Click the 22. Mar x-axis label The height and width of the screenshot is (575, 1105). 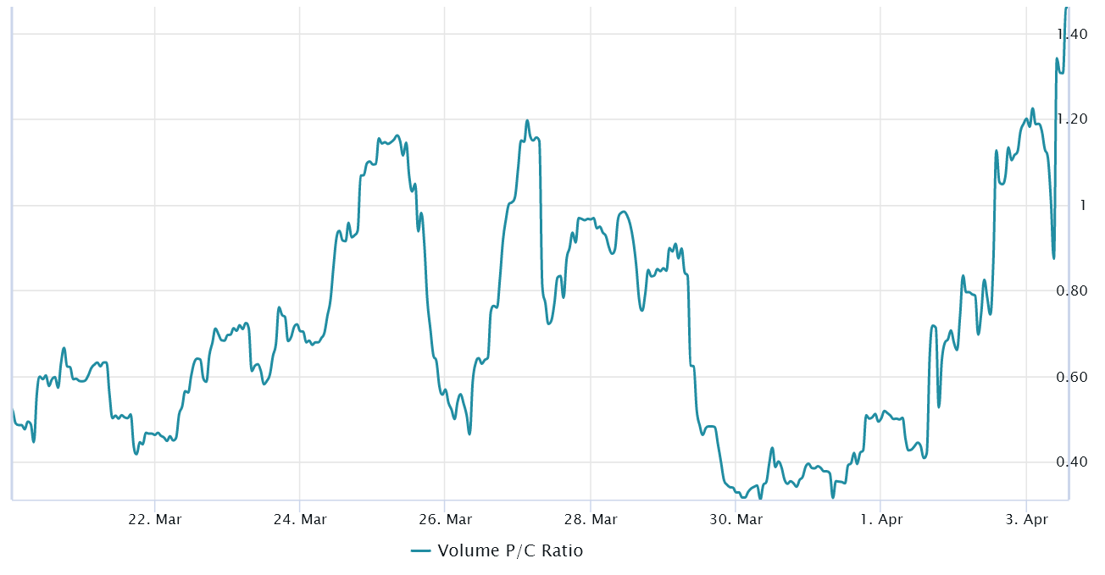[x=155, y=518]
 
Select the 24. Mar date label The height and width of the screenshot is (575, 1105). [x=301, y=518]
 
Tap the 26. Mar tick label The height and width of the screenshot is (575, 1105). [x=446, y=518]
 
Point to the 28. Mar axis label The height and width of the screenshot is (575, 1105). [x=591, y=518]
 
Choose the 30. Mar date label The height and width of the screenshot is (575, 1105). [x=736, y=518]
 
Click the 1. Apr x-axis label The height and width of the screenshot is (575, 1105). [x=880, y=518]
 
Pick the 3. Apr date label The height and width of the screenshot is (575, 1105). [x=1025, y=518]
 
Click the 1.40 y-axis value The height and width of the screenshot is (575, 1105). [x=1072, y=34]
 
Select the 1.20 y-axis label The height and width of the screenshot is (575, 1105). [x=1072, y=119]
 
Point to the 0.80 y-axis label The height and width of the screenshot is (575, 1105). [x=1072, y=290]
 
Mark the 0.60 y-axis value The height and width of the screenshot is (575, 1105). [x=1072, y=376]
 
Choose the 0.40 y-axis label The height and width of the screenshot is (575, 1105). [x=1072, y=462]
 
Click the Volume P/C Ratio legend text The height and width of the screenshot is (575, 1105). [x=510, y=551]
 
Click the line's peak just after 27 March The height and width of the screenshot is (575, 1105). [x=527, y=121]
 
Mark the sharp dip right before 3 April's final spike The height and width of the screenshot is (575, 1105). [x=1053, y=257]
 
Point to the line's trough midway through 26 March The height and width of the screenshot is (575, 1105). [x=469, y=434]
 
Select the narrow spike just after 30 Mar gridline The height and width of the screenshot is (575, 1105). [x=772, y=448]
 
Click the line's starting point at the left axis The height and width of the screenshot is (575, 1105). [x=13, y=409]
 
